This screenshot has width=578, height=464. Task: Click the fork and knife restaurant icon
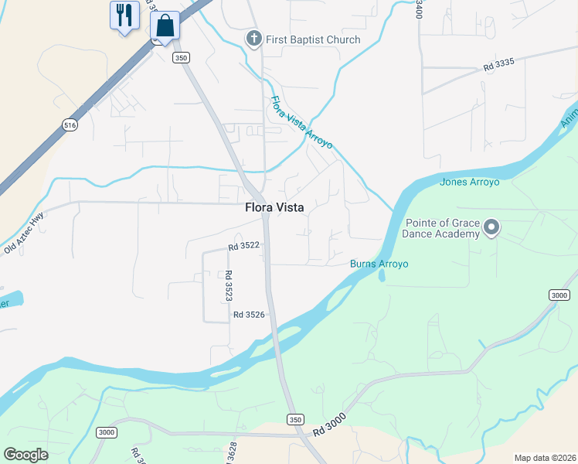pos(124,15)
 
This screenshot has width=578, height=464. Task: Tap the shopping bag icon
pos(165,26)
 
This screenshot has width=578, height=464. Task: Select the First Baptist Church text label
pos(313,39)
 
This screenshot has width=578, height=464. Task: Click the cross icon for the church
pos(253,39)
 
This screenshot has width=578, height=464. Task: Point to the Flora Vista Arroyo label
pos(301,122)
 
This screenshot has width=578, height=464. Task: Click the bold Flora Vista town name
pos(274,207)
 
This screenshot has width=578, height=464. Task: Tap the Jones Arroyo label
pos(469,183)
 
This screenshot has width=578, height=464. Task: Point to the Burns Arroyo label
pos(379,264)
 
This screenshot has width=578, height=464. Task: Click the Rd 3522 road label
pos(243,246)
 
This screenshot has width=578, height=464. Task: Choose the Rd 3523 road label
pos(229,285)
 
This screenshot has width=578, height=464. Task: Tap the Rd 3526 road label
pos(249,315)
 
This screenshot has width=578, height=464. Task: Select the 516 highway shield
pos(70,125)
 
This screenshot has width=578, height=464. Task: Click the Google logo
pos(25,455)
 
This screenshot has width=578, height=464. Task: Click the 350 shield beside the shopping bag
pos(181,58)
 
